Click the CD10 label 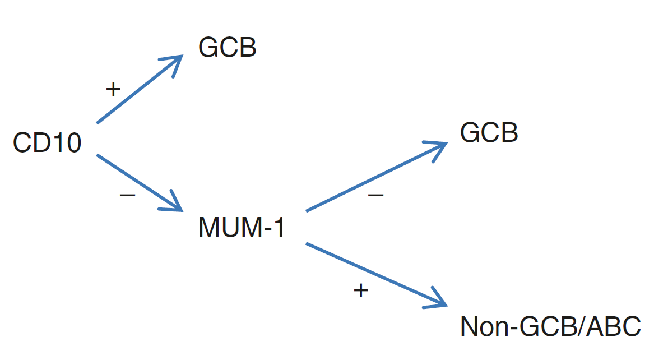pos(47,144)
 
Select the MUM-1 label pos(242,228)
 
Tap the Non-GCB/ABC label pos(550,327)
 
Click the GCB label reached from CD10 pos(228,48)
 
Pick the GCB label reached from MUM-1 pos(489,133)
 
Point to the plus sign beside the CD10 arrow pos(113,89)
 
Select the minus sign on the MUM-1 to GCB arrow pos(375,195)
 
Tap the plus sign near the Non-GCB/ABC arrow pos(361,290)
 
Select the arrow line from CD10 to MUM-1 pos(134,179)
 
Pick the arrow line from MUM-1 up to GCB pos(370,178)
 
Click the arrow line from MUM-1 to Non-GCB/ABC pos(370,273)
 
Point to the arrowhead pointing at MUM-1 pos(175,205)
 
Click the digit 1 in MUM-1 pos(279,228)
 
